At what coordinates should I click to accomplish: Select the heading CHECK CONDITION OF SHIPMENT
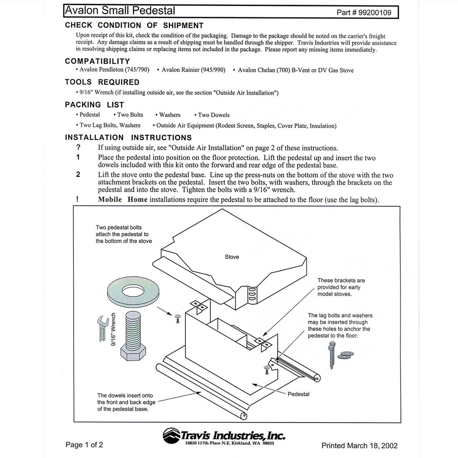click(134, 25)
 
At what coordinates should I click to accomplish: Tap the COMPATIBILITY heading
click(97, 61)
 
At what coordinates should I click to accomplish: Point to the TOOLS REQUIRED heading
click(102, 82)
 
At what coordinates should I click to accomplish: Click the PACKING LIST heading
click(94, 105)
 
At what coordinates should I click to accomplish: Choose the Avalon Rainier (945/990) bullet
click(193, 70)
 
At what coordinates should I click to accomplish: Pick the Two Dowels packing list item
click(214, 115)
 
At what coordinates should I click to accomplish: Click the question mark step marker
click(78, 147)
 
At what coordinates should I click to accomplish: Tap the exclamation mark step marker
click(77, 199)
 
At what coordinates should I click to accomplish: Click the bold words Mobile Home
click(122, 199)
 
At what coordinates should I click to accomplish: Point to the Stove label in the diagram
click(232, 257)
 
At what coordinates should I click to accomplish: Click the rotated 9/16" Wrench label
click(113, 329)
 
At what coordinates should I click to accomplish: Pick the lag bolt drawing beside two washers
click(331, 355)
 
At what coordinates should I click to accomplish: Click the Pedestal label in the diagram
click(298, 394)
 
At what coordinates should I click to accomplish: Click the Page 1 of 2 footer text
click(84, 445)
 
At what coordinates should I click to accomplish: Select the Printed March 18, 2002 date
click(359, 445)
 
